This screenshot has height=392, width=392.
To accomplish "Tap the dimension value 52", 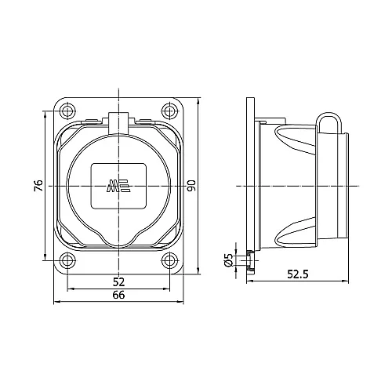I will click(x=118, y=281).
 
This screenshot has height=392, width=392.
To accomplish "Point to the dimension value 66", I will click(x=118, y=295).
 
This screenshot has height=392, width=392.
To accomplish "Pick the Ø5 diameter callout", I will click(x=229, y=260).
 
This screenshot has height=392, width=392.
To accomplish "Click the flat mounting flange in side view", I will click(x=250, y=185).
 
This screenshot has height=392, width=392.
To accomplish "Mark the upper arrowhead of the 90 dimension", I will click(x=199, y=100).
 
